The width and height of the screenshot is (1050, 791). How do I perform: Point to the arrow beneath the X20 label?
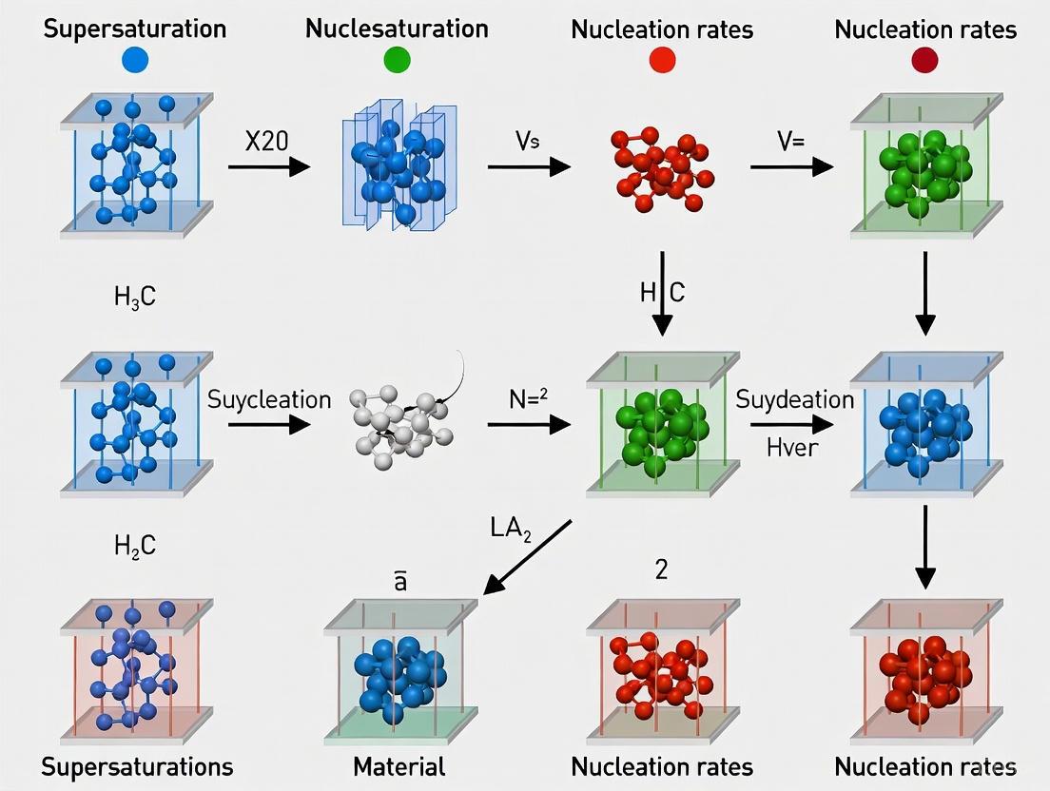click(x=269, y=167)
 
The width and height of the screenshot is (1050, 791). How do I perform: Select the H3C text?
click(x=134, y=298)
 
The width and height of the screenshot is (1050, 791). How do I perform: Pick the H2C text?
click(x=134, y=545)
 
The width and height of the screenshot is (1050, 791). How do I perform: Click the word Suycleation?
click(x=268, y=399)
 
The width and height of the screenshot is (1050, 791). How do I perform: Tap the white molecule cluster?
click(x=400, y=424)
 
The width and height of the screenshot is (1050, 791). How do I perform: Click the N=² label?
click(x=529, y=400)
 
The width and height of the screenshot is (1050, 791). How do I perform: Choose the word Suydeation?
click(x=795, y=400)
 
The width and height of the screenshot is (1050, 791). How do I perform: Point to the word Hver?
click(x=791, y=446)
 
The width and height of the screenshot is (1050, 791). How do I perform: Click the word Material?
click(x=399, y=766)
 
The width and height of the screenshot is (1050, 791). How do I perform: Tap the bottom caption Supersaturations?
click(x=138, y=766)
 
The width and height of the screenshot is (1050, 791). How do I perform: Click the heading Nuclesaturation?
click(x=397, y=29)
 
